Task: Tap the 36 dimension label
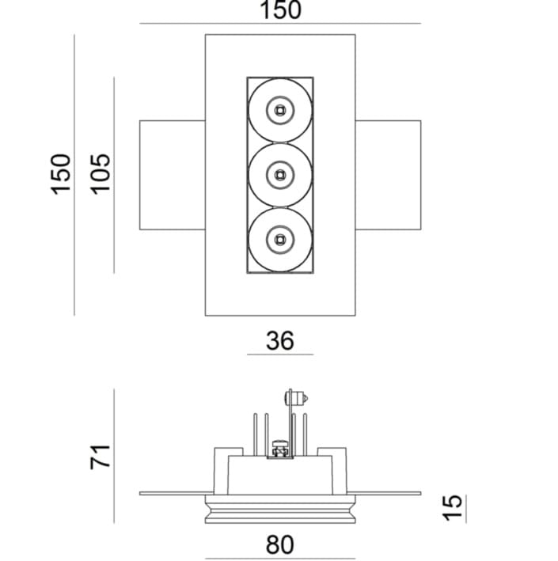click(x=279, y=340)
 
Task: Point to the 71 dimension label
click(x=100, y=457)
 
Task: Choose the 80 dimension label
click(x=279, y=544)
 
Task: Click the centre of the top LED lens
click(x=279, y=109)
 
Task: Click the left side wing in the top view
click(x=172, y=174)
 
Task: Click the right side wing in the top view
click(x=388, y=174)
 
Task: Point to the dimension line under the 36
click(x=279, y=354)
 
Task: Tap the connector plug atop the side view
click(x=296, y=398)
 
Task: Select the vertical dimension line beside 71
click(x=114, y=457)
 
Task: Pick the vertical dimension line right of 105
click(x=114, y=174)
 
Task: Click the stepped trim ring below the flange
click(x=279, y=510)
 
